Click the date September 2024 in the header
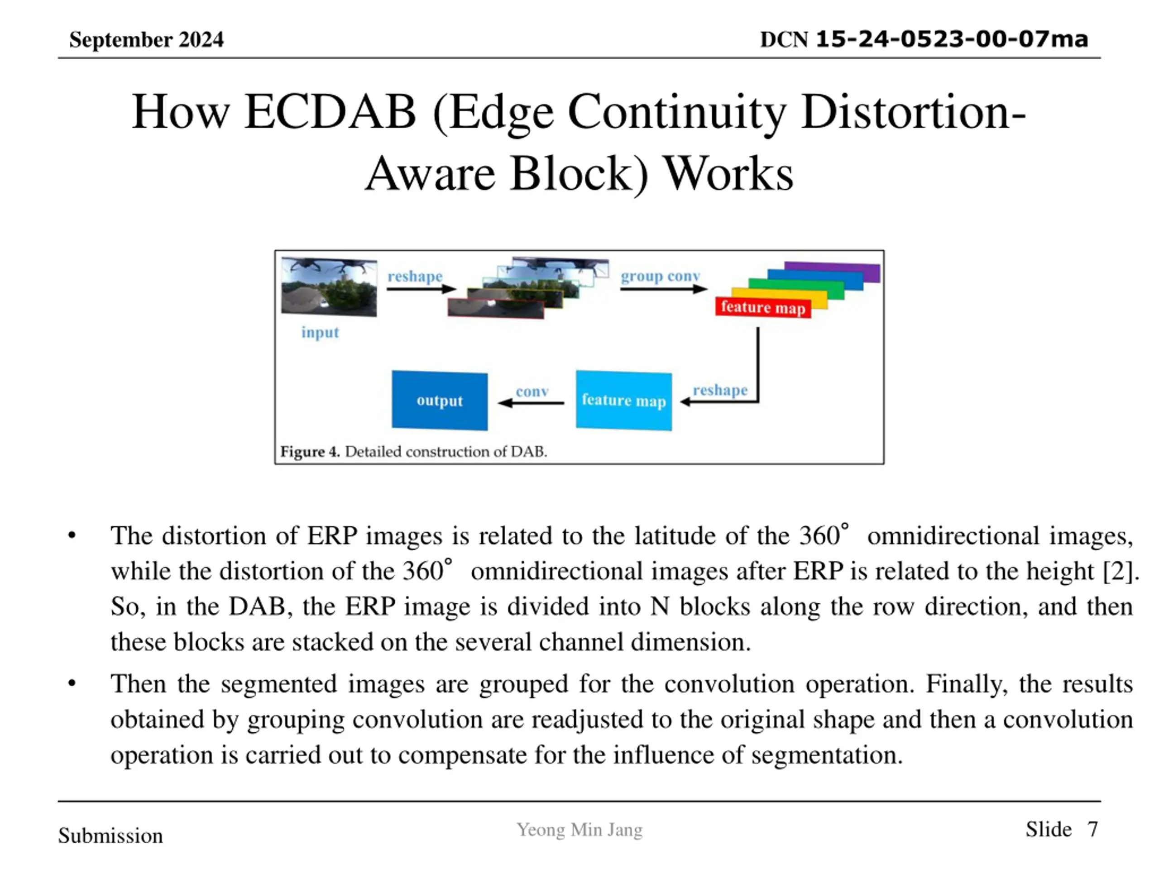click(x=146, y=40)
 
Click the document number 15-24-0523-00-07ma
click(x=952, y=39)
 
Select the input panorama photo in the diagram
click(x=329, y=286)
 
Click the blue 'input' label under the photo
click(x=320, y=333)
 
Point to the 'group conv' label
click(x=660, y=276)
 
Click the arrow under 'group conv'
click(x=663, y=289)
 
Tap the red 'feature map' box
click(x=763, y=307)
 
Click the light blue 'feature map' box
click(x=623, y=401)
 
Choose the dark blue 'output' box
click(x=440, y=401)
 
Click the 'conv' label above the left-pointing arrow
click(x=532, y=392)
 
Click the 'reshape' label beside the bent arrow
click(x=720, y=390)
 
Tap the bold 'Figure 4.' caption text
click(x=310, y=452)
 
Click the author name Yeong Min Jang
click(x=579, y=830)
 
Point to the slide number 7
click(x=1092, y=830)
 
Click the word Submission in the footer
click(x=110, y=836)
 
